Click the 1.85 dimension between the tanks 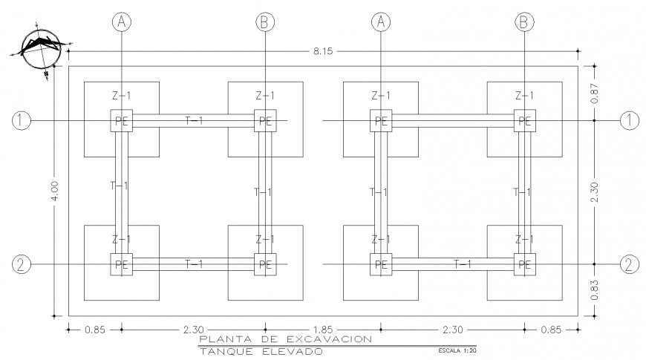point(323,327)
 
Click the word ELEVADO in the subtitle point(295,351)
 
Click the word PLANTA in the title point(222,339)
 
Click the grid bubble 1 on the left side point(22,120)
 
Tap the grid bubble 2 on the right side point(630,264)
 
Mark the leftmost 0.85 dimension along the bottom point(95,327)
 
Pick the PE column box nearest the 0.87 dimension point(525,121)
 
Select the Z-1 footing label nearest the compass point(121,96)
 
